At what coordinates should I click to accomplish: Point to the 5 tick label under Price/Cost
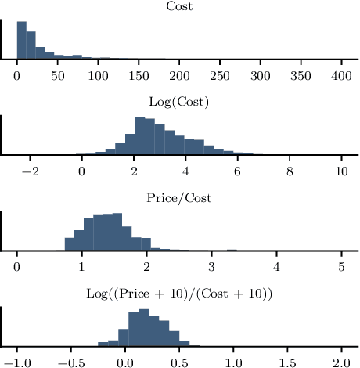[341, 267]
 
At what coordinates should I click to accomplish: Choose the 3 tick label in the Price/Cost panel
[211, 267]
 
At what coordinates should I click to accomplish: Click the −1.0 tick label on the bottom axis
[15, 363]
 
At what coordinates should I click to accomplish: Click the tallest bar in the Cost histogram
[21, 41]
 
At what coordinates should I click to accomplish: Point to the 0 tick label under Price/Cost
[17, 267]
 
